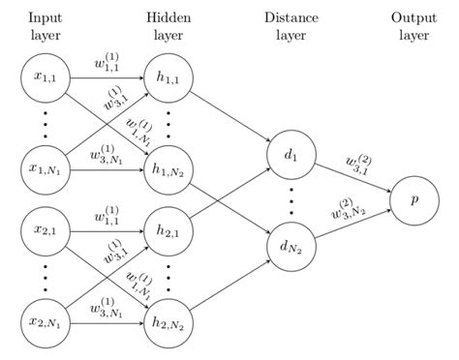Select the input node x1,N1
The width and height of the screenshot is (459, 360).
coord(44,168)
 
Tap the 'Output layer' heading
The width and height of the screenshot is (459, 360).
coord(413,26)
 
